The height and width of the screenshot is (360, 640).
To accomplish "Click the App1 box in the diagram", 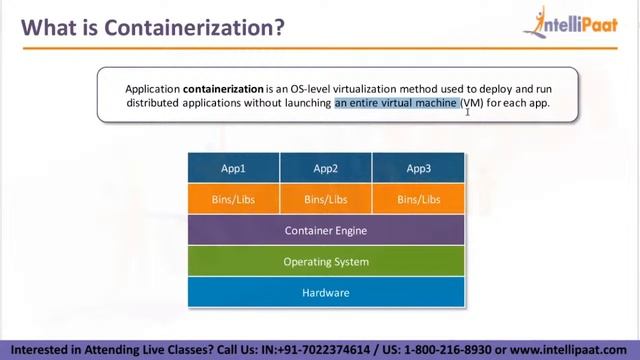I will (x=234, y=168).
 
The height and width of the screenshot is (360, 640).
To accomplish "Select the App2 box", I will (x=326, y=168).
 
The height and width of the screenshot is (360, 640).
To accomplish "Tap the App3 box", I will (x=418, y=168).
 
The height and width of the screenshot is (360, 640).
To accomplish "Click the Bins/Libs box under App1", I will (x=234, y=199).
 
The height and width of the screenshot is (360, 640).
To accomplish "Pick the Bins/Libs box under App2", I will (x=326, y=199).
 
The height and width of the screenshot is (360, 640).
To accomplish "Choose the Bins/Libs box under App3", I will (x=418, y=199).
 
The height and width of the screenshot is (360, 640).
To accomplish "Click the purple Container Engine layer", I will (x=326, y=230).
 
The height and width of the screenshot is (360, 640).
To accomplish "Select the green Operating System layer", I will (x=326, y=261).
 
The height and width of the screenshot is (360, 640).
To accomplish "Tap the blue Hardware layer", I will (x=326, y=292).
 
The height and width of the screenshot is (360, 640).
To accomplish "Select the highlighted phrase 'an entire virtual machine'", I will (x=396, y=102).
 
